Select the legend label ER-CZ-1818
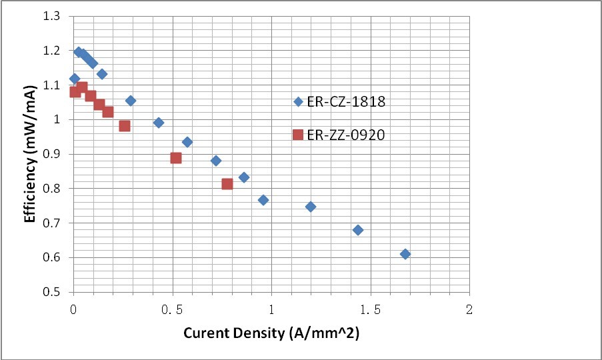pos(346,102)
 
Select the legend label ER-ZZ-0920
pos(346,135)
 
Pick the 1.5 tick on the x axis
pos(370,309)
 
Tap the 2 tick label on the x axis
pos(469,309)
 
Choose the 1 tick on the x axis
pos(271,309)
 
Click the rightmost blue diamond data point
pos(405,254)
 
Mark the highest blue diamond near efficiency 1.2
pos(79,52)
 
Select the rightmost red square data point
pos(227,184)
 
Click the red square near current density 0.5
pos(176,158)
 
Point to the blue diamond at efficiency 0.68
pos(358,230)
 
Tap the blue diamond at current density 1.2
pos(311,207)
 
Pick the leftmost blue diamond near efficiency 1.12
pos(75,79)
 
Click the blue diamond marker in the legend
pos(298,102)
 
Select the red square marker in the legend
pos(298,135)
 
